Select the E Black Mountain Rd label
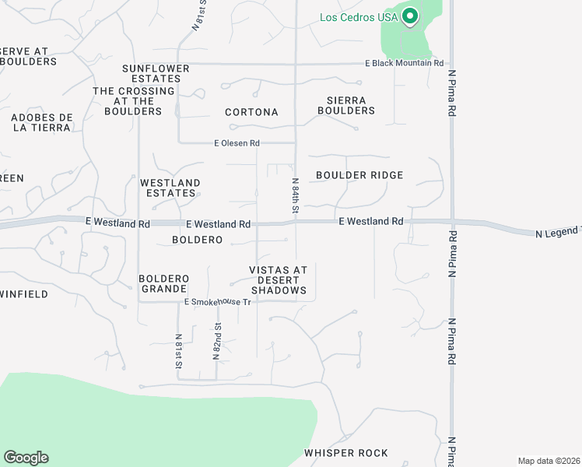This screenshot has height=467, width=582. click(404, 64)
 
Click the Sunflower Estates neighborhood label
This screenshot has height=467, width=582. click(156, 74)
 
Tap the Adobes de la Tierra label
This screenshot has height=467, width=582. click(42, 123)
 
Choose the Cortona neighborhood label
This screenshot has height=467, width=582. click(251, 112)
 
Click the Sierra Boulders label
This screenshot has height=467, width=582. click(346, 105)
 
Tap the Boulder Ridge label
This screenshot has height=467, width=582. click(359, 175)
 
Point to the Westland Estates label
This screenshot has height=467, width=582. click(170, 188)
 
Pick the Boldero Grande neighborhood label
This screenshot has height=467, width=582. click(164, 284)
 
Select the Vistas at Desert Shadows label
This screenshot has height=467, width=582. click(278, 280)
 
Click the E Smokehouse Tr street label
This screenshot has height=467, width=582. click(218, 302)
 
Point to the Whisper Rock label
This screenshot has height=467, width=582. click(346, 453)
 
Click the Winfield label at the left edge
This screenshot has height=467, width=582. click(24, 294)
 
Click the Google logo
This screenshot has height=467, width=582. click(26, 458)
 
